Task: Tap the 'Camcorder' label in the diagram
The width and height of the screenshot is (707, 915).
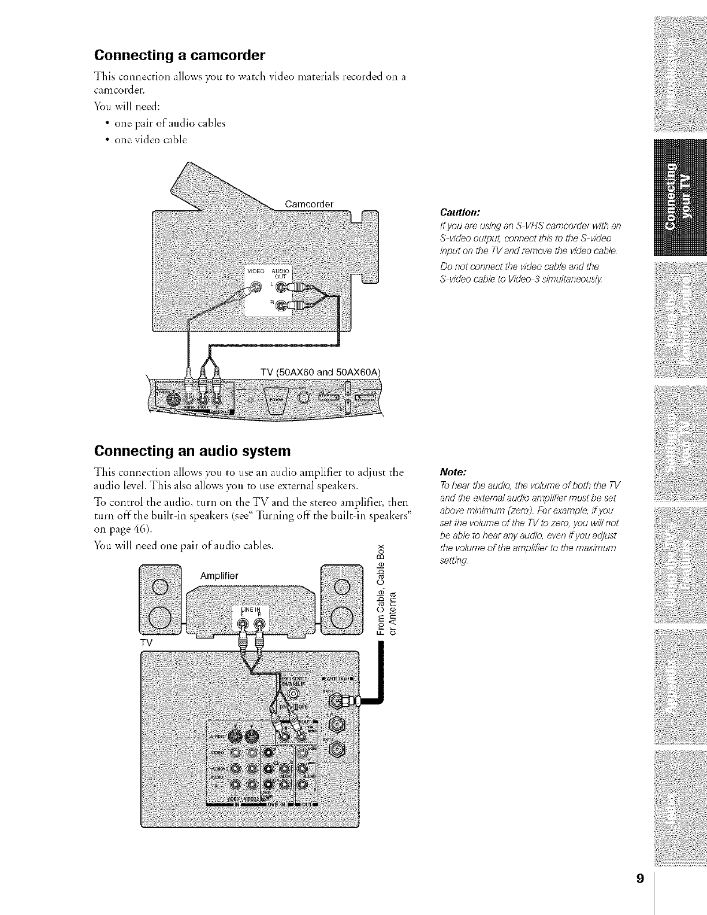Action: (x=310, y=203)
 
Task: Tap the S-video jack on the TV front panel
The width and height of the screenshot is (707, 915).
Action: (x=172, y=398)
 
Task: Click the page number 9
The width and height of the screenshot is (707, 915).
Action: (x=639, y=863)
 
